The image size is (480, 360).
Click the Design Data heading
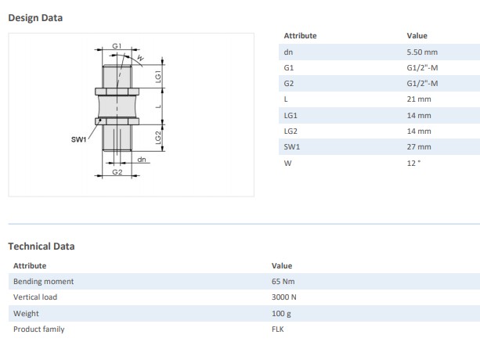35,17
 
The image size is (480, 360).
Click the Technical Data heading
42,246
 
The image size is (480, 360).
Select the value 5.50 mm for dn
421,52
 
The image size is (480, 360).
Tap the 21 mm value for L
419,99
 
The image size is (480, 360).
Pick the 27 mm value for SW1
419,146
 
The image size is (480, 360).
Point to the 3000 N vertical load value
284,297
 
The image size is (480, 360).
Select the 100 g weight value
281,313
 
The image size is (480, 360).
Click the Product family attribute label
38,329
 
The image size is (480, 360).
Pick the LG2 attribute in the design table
291,131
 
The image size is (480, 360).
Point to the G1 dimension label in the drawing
117,46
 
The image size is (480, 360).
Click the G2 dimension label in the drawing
117,171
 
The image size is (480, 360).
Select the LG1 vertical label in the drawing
158,76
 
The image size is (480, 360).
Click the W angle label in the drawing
140,58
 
